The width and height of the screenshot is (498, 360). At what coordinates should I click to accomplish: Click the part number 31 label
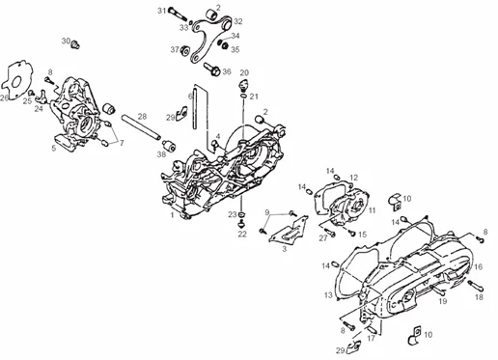pyautogui.click(x=162, y=11)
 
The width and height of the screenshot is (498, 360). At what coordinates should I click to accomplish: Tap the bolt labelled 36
pyautogui.click(x=212, y=69)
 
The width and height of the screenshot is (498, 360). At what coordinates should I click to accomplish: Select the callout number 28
pyautogui.click(x=142, y=116)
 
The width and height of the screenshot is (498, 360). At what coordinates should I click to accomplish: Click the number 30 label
pyautogui.click(x=66, y=41)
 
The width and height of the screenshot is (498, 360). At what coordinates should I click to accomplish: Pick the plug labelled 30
pyautogui.click(x=75, y=44)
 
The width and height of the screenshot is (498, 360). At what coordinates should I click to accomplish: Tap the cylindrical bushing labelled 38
pyautogui.click(x=169, y=146)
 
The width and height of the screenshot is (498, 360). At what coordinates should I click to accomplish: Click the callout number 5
pyautogui.click(x=54, y=149)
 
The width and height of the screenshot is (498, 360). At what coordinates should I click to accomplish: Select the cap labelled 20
pyautogui.click(x=243, y=86)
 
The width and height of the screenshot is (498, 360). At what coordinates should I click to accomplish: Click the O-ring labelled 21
pyautogui.click(x=244, y=97)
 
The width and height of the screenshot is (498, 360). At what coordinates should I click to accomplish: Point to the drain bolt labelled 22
pyautogui.click(x=242, y=224)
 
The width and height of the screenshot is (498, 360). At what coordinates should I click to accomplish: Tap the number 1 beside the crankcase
pyautogui.click(x=172, y=214)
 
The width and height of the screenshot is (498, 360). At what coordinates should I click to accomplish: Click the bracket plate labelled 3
pyautogui.click(x=288, y=231)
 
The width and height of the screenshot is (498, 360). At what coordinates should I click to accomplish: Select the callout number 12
pyautogui.click(x=353, y=178)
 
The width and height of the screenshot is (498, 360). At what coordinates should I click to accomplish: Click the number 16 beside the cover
pyautogui.click(x=479, y=266)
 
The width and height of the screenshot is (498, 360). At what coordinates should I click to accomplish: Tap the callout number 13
pyautogui.click(x=328, y=294)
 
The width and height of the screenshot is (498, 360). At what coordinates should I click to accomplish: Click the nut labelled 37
pyautogui.click(x=185, y=51)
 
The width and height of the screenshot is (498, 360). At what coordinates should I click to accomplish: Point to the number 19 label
pyautogui.click(x=443, y=301)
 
